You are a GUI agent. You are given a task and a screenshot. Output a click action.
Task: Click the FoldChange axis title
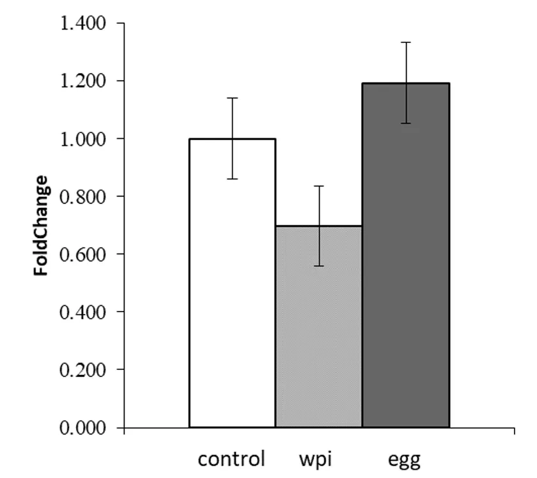[x=42, y=225]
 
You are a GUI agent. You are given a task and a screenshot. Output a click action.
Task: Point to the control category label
[x=231, y=459]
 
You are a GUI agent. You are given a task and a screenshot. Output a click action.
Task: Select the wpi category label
[x=315, y=459]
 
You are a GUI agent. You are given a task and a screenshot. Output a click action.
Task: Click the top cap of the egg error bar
[x=406, y=42]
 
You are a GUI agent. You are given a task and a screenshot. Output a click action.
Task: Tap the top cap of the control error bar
[x=232, y=98]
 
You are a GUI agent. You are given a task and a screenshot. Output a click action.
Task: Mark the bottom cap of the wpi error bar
[x=319, y=266]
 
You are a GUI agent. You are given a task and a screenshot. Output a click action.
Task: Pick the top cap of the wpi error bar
[x=319, y=186]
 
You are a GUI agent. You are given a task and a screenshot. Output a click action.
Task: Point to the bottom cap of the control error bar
[x=232, y=179]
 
